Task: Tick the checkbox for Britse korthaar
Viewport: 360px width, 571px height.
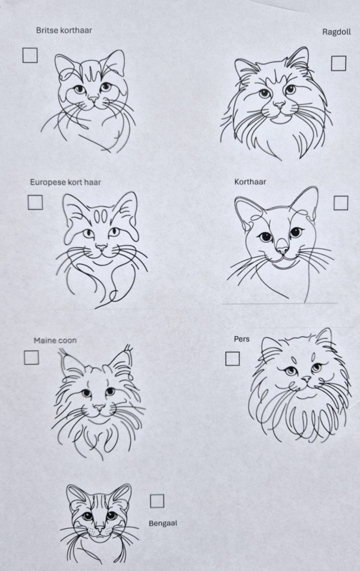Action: pyautogui.click(x=30, y=56)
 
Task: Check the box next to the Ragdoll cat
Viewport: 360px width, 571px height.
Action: pyautogui.click(x=339, y=64)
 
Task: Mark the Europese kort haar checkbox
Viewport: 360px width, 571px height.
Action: pyautogui.click(x=35, y=203)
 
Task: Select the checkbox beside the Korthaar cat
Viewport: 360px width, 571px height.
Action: pyautogui.click(x=341, y=203)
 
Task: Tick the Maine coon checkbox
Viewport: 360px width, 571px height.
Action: pyautogui.click(x=31, y=358)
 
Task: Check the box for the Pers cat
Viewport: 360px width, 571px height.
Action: pyautogui.click(x=232, y=359)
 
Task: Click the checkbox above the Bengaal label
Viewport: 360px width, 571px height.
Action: pyautogui.click(x=157, y=501)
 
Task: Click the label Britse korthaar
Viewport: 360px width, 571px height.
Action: pyautogui.click(x=64, y=30)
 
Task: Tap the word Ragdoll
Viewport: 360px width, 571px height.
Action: pyautogui.click(x=336, y=32)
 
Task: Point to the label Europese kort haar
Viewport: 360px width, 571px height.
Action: pyautogui.click(x=66, y=182)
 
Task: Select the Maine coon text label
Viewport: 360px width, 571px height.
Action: pyautogui.click(x=56, y=340)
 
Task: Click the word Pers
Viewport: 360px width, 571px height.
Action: pyautogui.click(x=242, y=339)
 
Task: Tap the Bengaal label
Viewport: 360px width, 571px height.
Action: pyautogui.click(x=163, y=523)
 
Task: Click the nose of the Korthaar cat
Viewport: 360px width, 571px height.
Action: pyautogui.click(x=282, y=250)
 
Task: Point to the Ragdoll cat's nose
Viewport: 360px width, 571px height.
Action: pyautogui.click(x=279, y=105)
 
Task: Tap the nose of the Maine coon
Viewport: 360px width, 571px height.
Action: pyautogui.click(x=99, y=407)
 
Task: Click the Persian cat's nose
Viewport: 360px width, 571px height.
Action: pyautogui.click(x=306, y=379)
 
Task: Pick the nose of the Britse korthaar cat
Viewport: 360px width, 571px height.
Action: pyautogui.click(x=94, y=98)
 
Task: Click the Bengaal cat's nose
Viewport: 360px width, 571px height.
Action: pyautogui.click(x=100, y=527)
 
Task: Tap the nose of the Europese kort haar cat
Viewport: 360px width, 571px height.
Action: pyautogui.click(x=101, y=248)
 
